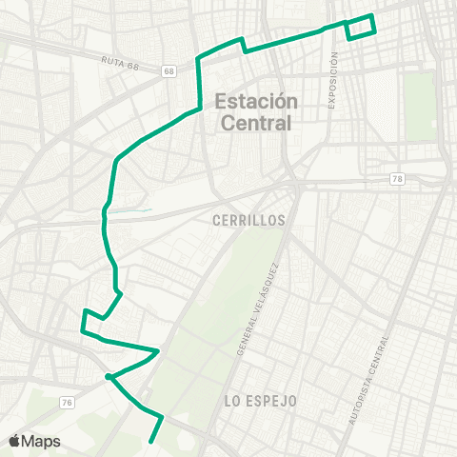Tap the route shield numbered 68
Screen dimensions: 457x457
[169, 71]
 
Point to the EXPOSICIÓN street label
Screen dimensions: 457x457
[334, 81]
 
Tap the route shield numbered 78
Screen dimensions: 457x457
[397, 178]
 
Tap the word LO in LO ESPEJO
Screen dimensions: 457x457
[231, 401]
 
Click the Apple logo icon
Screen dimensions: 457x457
[15, 441]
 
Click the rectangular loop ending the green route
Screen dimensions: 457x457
[361, 28]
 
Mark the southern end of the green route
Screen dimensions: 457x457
[151, 441]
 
